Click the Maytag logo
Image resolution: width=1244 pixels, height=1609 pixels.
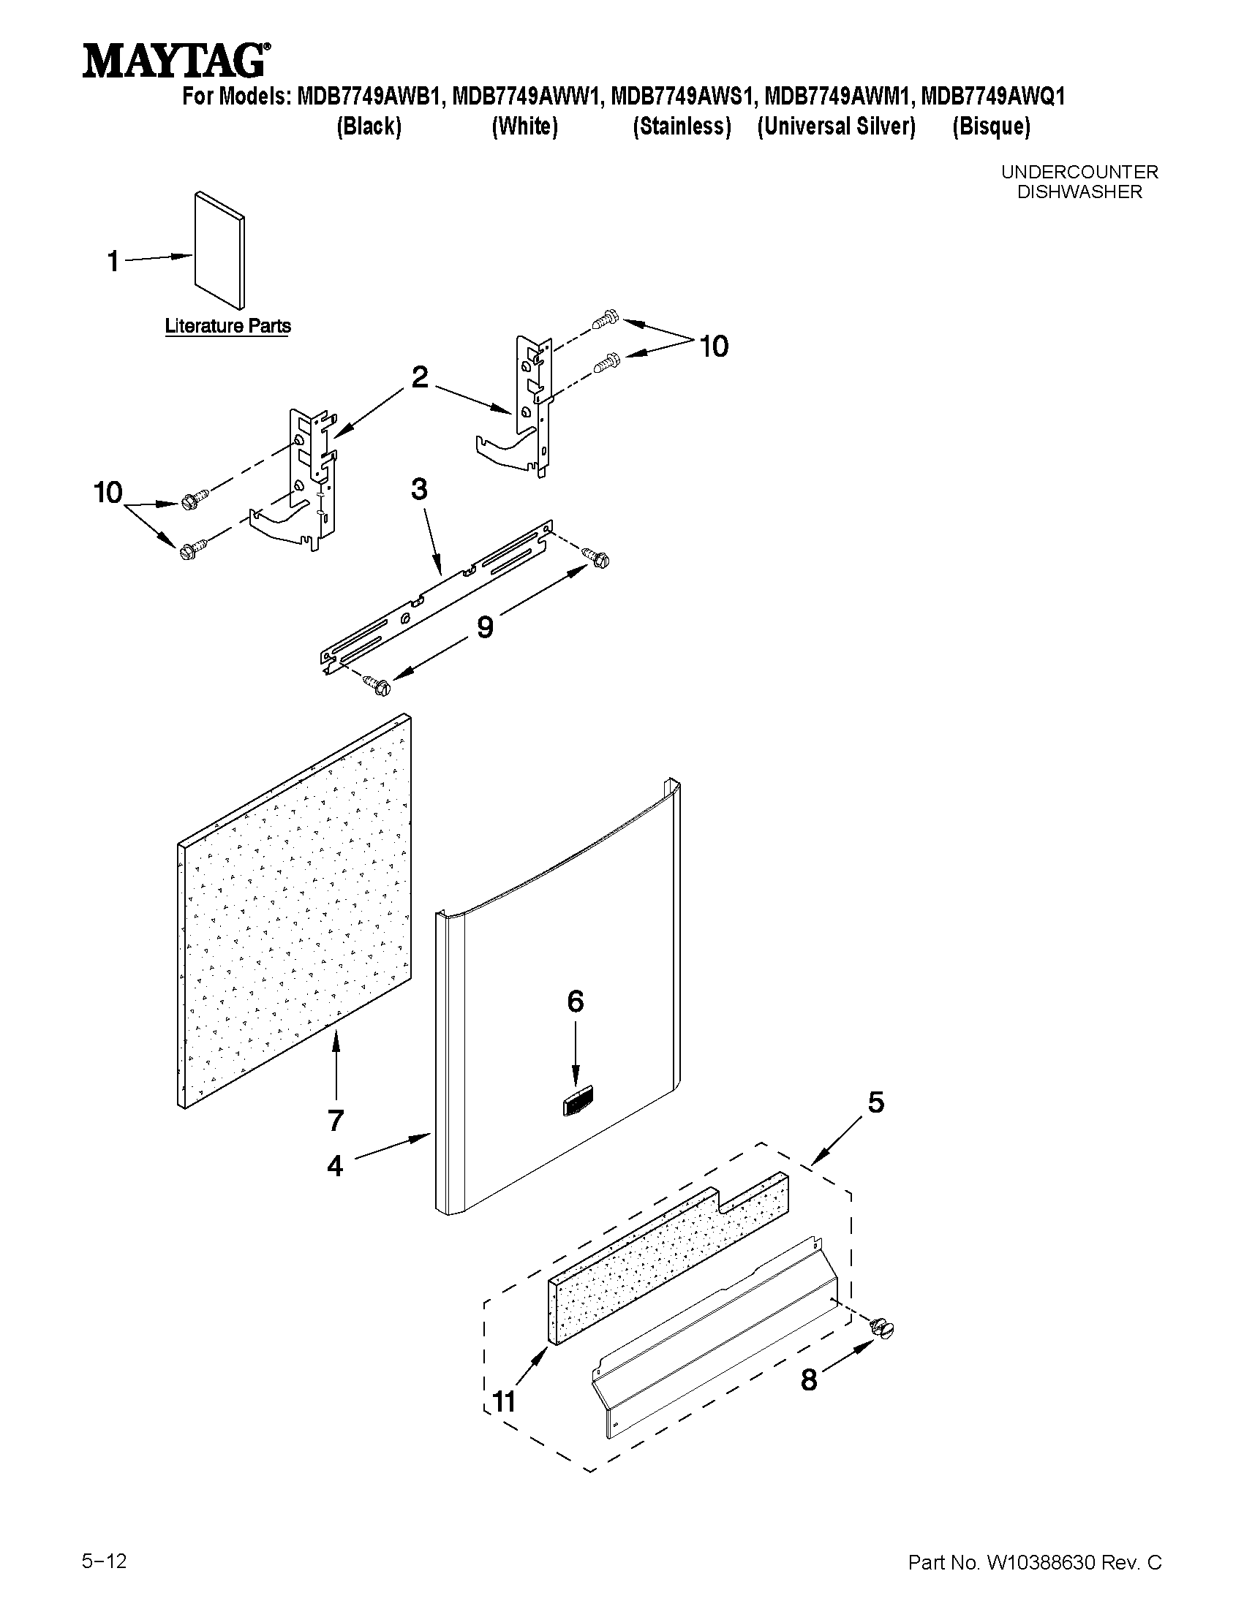[x=175, y=61]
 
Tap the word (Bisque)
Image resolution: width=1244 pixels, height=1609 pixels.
[x=990, y=126]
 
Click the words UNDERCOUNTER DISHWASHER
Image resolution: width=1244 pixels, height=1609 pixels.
[x=1079, y=182]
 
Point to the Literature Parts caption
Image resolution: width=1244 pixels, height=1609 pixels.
[x=227, y=325]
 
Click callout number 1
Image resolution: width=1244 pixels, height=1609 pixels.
[x=113, y=261]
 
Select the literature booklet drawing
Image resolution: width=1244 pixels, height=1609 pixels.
[x=219, y=251]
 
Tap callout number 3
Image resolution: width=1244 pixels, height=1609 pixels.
[x=418, y=489]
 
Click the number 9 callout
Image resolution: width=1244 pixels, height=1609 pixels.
[x=485, y=627]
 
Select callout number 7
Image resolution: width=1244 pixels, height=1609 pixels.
[x=336, y=1120]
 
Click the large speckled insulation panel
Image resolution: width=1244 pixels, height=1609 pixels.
[x=295, y=914]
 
